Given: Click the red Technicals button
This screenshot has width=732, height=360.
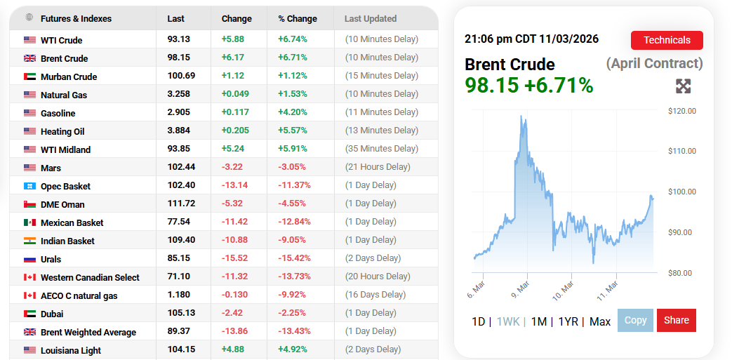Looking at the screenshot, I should click(x=667, y=40).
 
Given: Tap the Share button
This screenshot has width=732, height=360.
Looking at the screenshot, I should click(x=677, y=320).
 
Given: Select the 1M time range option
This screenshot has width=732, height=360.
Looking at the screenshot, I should click(x=538, y=321).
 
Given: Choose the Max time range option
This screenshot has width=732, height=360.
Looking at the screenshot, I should click(x=600, y=321).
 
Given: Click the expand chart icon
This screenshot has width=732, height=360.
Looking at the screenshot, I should click(x=683, y=86).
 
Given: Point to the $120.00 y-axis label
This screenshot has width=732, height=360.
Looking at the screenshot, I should click(x=681, y=111).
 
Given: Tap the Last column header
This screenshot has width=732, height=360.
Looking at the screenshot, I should click(x=175, y=19).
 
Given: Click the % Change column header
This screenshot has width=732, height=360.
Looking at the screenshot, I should click(x=298, y=19).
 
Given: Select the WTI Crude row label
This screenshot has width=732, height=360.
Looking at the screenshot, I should click(x=62, y=40).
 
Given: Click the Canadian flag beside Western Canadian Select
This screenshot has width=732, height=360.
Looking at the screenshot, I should click(x=29, y=277).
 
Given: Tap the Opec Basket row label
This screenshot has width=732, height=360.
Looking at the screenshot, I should click(x=65, y=186).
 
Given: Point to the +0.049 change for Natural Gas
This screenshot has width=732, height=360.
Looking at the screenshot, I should click(x=234, y=95).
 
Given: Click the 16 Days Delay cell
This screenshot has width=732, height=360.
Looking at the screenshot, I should click(x=375, y=295).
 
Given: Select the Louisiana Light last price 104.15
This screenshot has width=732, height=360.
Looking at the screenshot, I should click(x=181, y=350).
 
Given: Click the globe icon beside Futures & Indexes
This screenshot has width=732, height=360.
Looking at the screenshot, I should click(x=29, y=18).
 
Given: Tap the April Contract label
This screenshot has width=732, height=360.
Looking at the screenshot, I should click(x=654, y=64).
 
